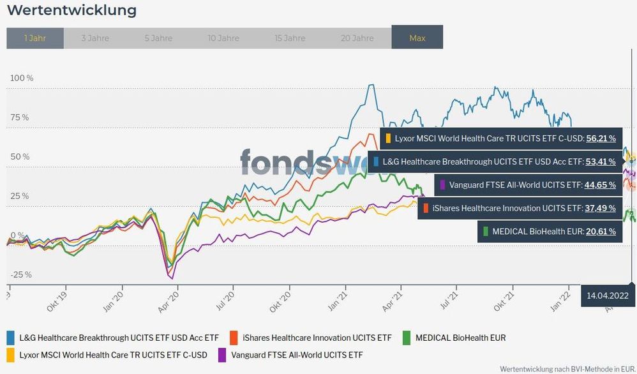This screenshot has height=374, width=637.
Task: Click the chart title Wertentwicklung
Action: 71,11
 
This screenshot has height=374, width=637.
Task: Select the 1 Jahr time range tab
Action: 35,38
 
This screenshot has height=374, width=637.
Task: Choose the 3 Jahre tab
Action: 95,38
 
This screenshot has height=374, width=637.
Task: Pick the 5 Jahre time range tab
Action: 158,38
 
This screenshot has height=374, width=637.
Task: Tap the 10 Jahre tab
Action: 223,38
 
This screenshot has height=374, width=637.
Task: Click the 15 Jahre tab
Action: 290,38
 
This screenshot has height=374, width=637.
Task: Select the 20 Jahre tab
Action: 357,38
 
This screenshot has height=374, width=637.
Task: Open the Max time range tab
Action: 417,38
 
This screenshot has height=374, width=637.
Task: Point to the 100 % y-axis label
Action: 21,78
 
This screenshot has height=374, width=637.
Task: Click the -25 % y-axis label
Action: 20,274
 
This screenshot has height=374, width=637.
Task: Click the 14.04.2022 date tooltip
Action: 608,295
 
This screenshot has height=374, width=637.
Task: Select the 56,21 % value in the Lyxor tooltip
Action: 601,138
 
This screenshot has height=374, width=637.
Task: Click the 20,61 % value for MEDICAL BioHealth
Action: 601,232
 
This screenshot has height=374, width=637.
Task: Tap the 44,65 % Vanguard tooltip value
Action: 601,185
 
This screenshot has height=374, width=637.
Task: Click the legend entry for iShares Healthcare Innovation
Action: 311,337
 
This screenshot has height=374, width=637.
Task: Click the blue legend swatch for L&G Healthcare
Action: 11,337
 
